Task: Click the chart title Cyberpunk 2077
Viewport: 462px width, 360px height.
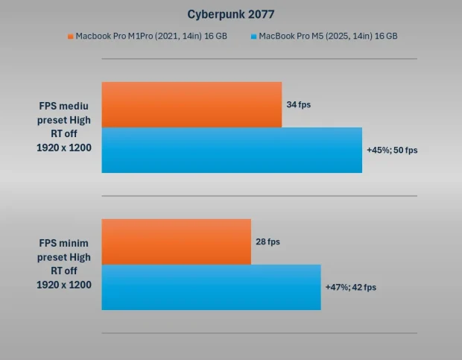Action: [x=230, y=13]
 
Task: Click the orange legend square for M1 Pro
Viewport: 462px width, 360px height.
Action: [x=71, y=36]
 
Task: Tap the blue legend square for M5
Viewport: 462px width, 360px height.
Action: [x=254, y=36]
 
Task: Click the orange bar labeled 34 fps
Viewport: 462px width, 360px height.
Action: [x=192, y=104]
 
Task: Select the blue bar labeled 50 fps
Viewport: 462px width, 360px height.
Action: [x=232, y=150]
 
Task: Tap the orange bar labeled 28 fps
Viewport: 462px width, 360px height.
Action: [x=176, y=241]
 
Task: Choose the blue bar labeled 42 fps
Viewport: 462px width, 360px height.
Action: [x=211, y=287]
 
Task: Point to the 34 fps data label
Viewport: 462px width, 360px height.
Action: [x=298, y=104]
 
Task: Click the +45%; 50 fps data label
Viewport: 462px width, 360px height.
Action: [x=392, y=150]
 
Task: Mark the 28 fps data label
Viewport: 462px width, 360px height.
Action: [x=268, y=241]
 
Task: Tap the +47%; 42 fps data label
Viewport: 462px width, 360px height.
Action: [x=350, y=287]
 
